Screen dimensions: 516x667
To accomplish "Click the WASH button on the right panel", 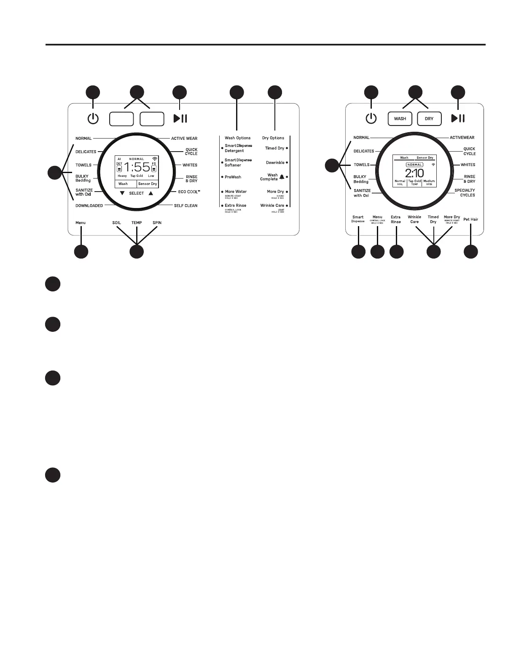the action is [x=400, y=119].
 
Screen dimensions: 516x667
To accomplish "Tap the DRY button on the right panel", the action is [x=429, y=119].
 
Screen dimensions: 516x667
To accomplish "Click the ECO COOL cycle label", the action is [x=189, y=192].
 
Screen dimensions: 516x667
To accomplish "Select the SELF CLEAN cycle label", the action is [x=185, y=206].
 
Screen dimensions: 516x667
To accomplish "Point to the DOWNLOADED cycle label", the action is [x=89, y=206].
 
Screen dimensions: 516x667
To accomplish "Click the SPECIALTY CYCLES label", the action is [x=465, y=193].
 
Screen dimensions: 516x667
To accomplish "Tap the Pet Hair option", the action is [x=470, y=219].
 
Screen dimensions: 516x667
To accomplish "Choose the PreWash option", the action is [x=233, y=177].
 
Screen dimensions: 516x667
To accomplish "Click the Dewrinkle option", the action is [x=275, y=163].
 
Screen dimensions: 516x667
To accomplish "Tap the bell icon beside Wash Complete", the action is [x=282, y=177].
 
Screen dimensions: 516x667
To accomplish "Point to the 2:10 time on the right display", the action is [x=414, y=173].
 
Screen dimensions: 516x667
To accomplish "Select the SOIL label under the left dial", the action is [x=116, y=223].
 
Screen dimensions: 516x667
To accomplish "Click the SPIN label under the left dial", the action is [x=157, y=223].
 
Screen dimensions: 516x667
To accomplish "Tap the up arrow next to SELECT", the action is [x=151, y=193].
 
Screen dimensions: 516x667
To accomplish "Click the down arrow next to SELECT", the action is [x=122, y=193].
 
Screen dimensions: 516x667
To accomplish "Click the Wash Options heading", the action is [x=237, y=138].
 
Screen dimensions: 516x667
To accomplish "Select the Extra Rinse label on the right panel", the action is [x=395, y=219].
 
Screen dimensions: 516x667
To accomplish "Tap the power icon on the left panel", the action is [x=93, y=119].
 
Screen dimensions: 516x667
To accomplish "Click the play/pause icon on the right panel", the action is [x=458, y=118].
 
